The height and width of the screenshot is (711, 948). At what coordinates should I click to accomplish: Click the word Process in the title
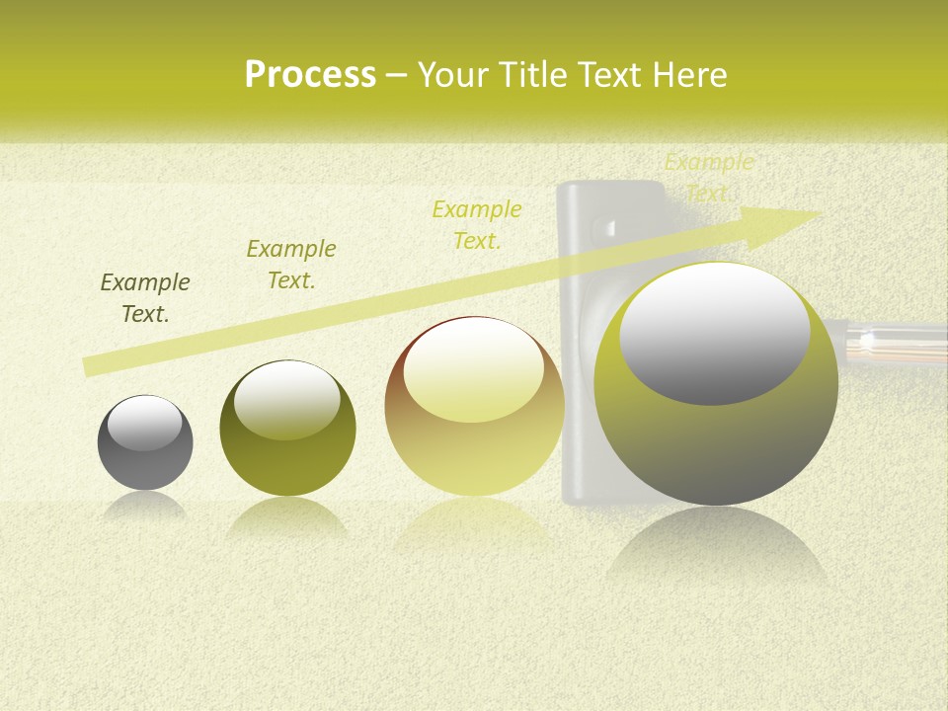310,75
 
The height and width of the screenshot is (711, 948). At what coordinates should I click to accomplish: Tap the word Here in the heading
690,75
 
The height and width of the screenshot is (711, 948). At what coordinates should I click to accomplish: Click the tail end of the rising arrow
87,367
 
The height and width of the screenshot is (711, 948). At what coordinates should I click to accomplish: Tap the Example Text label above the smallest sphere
145,298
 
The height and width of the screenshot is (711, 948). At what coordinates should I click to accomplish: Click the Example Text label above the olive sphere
291,265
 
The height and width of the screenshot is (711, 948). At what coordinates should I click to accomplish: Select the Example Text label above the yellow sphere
477,225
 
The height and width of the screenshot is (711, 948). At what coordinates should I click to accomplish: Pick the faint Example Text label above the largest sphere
709,178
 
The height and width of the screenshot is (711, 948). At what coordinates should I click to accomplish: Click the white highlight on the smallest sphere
145,423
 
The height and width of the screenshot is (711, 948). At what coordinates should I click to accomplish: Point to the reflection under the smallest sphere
145,506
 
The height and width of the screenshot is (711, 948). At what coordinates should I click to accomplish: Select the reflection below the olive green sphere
287,517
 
